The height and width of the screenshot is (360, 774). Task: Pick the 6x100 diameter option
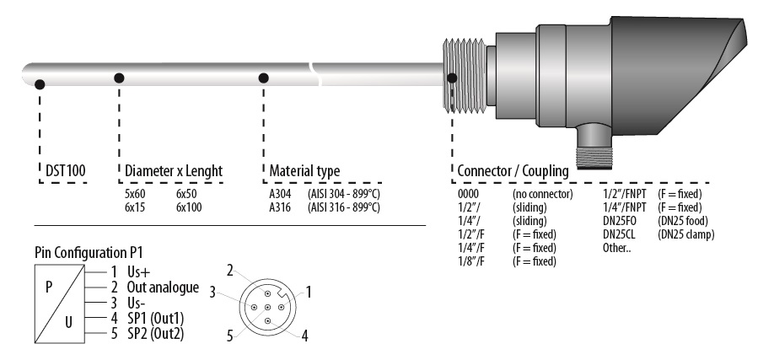pos(189,207)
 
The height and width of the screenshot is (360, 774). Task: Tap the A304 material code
pos(281,194)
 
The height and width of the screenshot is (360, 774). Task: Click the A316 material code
pos(281,207)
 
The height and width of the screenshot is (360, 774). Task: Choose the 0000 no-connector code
pos(470,194)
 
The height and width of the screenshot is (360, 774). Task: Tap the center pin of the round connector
pos(267,308)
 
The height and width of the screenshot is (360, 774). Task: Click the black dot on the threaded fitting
pos(452,78)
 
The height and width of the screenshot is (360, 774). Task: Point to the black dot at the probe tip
pos(40,83)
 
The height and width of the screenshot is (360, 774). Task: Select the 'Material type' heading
pos(304,171)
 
